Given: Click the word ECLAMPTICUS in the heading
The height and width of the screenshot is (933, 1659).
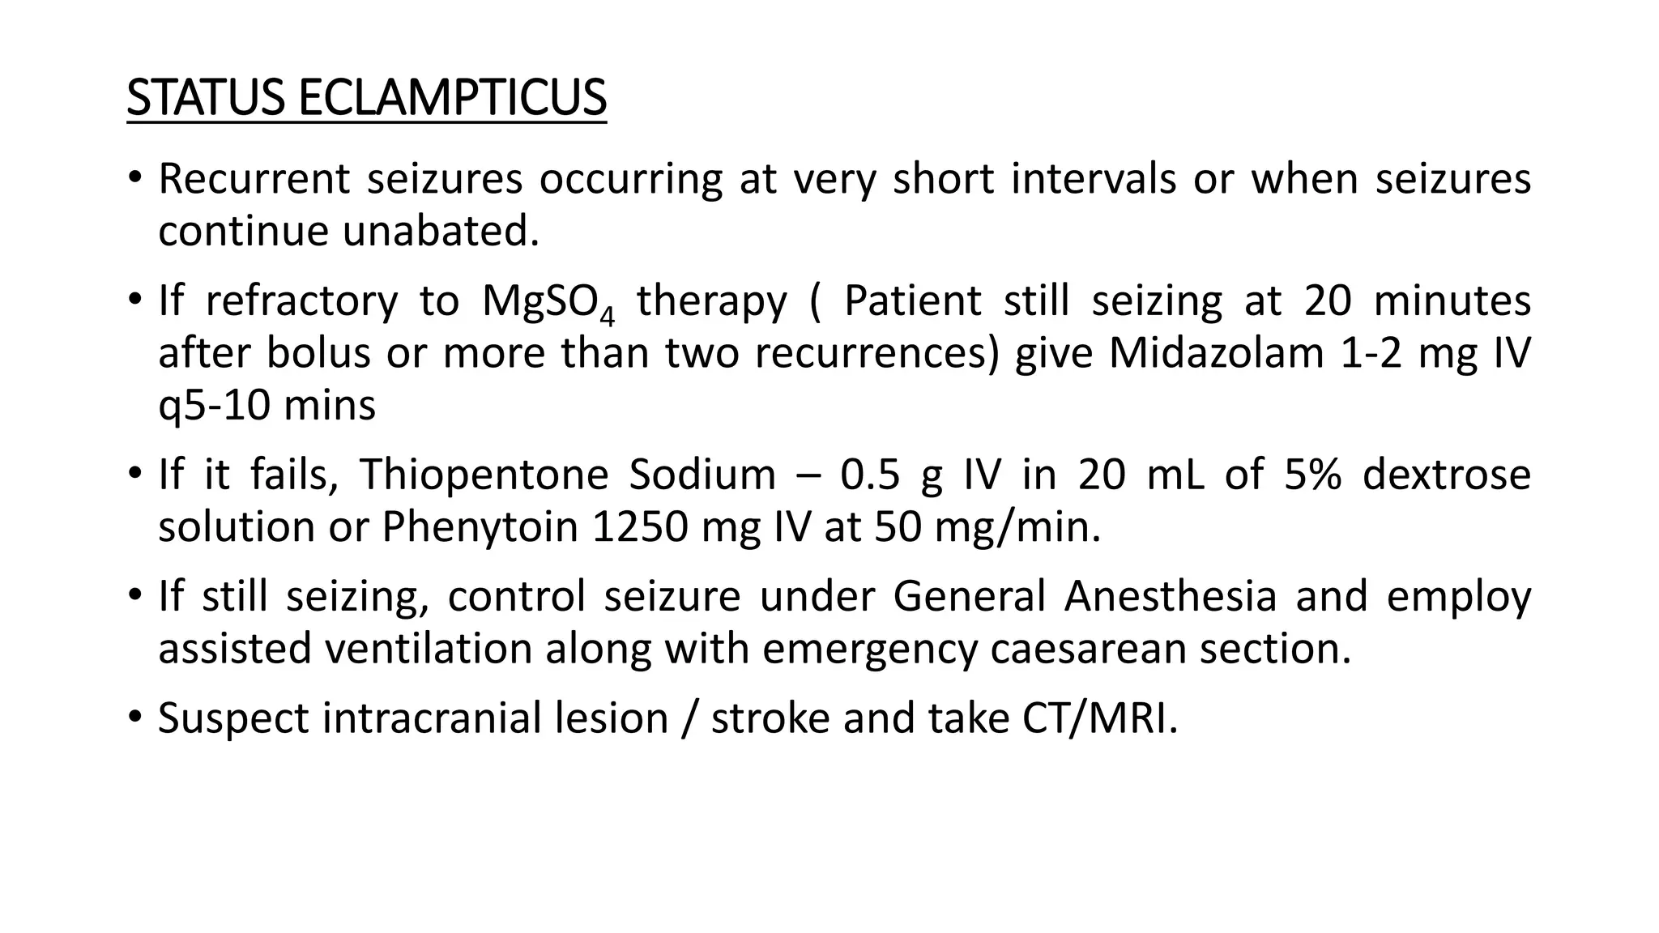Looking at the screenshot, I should [x=452, y=97].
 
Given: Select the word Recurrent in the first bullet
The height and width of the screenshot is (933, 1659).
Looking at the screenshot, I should [x=254, y=179].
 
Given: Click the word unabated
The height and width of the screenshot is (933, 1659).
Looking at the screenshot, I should [x=441, y=232].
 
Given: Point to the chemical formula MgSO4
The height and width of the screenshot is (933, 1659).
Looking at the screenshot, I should [x=548, y=302].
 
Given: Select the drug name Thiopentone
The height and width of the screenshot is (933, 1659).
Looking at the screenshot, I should [x=484, y=475].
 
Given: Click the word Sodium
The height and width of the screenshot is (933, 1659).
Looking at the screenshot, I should [x=702, y=475].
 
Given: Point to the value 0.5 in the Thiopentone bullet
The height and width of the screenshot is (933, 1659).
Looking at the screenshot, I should [x=870, y=475].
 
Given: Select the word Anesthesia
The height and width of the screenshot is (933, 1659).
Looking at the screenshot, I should [x=1170, y=597].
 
